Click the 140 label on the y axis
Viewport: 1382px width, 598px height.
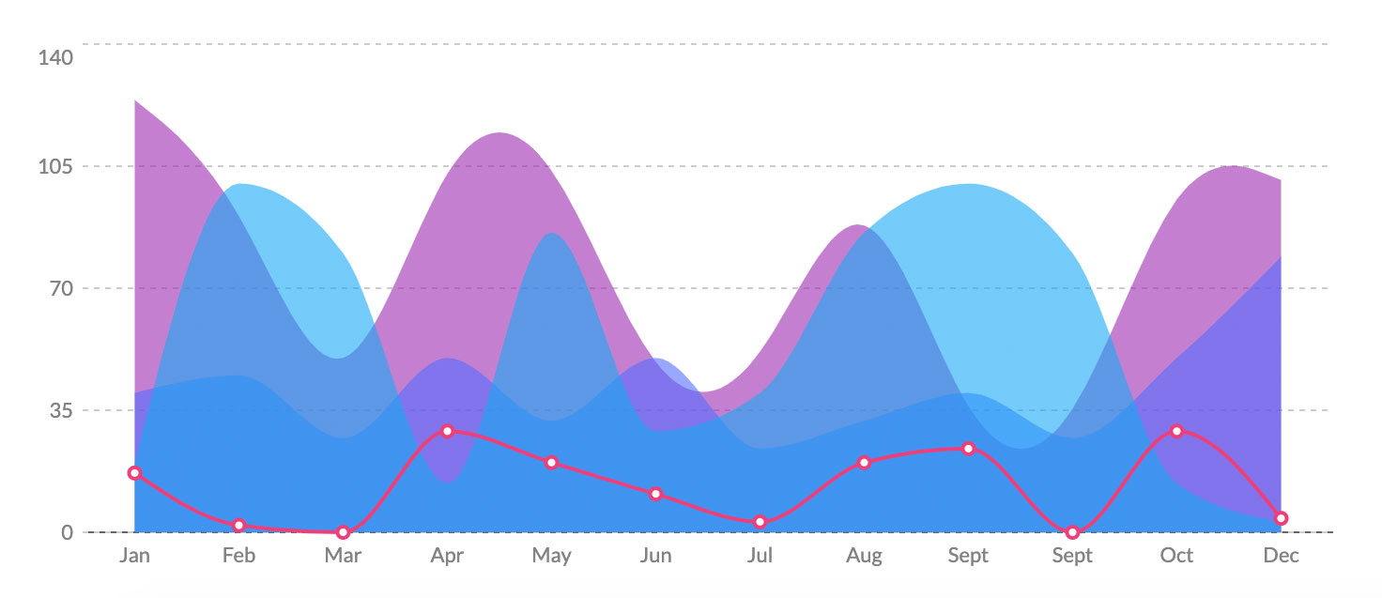coord(55,58)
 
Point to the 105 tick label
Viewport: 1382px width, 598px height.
coord(55,167)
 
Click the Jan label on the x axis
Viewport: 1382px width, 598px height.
coord(134,556)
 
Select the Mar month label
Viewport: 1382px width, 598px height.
coord(343,556)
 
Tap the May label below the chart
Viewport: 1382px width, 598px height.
coord(551,556)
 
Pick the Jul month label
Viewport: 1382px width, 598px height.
coord(760,556)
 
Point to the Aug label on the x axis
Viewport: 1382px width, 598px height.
coord(864,556)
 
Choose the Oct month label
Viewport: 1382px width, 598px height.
coord(1176,556)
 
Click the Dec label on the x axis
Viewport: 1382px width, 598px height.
coord(1281,556)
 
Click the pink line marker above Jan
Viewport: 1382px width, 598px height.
coord(134,473)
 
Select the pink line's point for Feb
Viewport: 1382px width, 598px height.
coord(238,526)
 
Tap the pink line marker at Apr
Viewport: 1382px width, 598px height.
coord(447,431)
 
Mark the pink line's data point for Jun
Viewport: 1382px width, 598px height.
coord(655,494)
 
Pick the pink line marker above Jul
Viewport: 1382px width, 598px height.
coord(760,522)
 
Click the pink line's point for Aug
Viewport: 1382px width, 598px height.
coord(864,463)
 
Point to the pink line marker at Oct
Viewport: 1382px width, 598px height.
coord(1176,431)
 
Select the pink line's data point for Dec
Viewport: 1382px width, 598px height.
coord(1281,518)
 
